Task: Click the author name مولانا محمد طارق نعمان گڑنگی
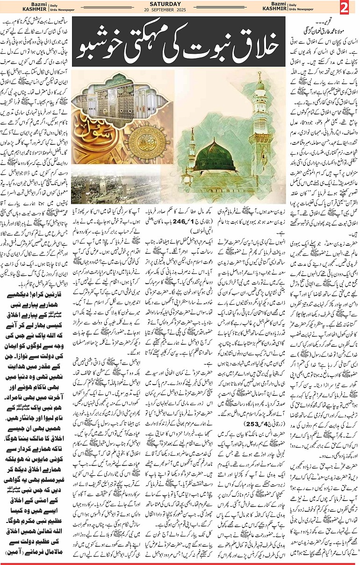click(x=324, y=31)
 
